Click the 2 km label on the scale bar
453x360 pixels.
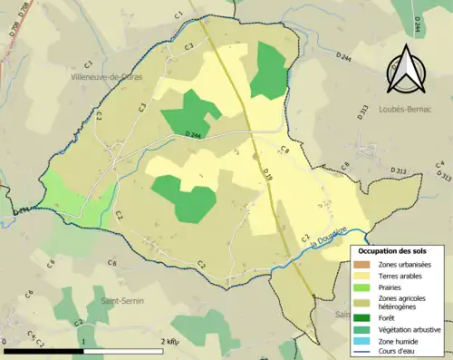[168, 343]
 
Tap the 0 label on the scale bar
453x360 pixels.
[5, 343]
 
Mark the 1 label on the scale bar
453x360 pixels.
[83, 343]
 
